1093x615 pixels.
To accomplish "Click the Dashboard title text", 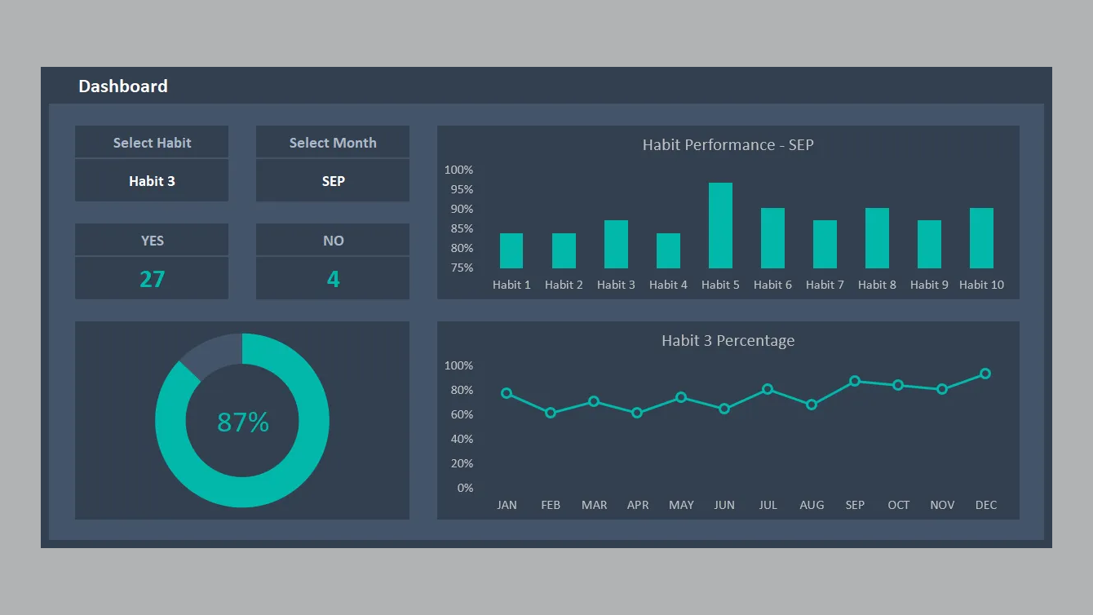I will pyautogui.click(x=123, y=86).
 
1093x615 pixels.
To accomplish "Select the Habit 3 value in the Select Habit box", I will pyautogui.click(x=152, y=181).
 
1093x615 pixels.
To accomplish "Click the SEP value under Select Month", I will pyautogui.click(x=333, y=181).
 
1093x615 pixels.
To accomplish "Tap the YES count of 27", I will pyautogui.click(x=152, y=279).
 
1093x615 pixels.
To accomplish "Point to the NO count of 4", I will pyautogui.click(x=333, y=279).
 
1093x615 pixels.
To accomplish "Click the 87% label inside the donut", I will pyautogui.click(x=243, y=423).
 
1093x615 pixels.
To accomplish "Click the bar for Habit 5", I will pyautogui.click(x=720, y=226).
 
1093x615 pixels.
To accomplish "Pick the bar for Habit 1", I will pyautogui.click(x=511, y=251).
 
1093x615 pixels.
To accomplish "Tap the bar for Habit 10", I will pyautogui.click(x=981, y=238).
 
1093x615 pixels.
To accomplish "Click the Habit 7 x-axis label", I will pyautogui.click(x=825, y=285).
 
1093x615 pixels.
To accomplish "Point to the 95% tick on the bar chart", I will pyautogui.click(x=458, y=189).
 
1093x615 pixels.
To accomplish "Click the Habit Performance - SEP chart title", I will pyautogui.click(x=728, y=145).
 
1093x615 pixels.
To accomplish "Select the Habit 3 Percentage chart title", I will pyautogui.click(x=728, y=341).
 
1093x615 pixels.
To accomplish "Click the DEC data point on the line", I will pyautogui.click(x=985, y=374).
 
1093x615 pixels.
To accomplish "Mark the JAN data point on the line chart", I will pyautogui.click(x=507, y=393).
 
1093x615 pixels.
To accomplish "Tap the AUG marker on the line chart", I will pyautogui.click(x=812, y=405).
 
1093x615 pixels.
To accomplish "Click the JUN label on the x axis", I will pyautogui.click(x=724, y=505).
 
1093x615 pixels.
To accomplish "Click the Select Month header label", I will pyautogui.click(x=333, y=143).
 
